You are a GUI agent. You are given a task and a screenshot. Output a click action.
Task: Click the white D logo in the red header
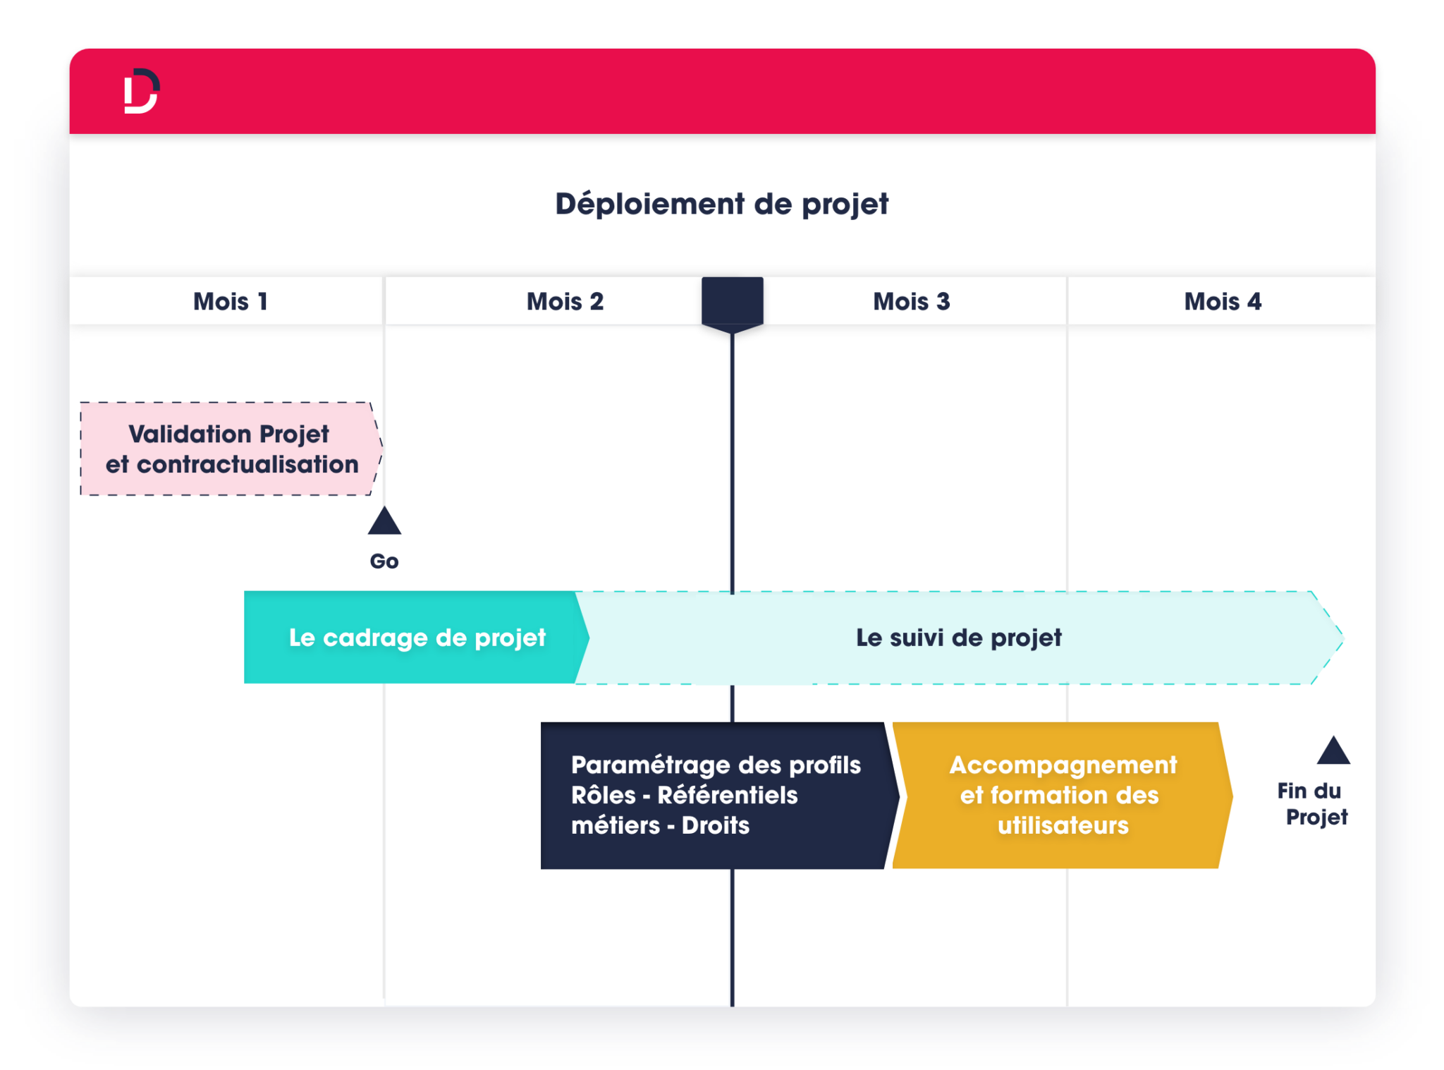pyautogui.click(x=141, y=91)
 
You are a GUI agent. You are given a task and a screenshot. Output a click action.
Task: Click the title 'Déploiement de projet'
pyautogui.click(x=721, y=205)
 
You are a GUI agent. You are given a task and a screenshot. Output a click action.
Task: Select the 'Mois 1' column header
pyautogui.click(x=231, y=302)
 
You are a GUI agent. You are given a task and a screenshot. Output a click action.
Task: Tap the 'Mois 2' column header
pyautogui.click(x=565, y=302)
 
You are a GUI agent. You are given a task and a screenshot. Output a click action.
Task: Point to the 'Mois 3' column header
pyautogui.click(x=911, y=302)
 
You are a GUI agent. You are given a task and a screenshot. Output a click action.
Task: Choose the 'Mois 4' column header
pyautogui.click(x=1223, y=302)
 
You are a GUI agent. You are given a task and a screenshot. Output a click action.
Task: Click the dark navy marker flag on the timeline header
pyautogui.click(x=732, y=302)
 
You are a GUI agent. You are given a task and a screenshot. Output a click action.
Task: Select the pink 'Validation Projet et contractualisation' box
pyautogui.click(x=230, y=449)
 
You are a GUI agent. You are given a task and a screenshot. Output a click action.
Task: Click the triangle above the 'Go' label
pyautogui.click(x=384, y=523)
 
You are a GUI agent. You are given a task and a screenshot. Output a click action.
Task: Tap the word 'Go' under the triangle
pyautogui.click(x=384, y=561)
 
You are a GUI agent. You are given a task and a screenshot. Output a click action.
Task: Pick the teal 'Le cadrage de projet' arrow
pyautogui.click(x=416, y=638)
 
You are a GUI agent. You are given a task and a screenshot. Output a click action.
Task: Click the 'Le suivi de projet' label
pyautogui.click(x=958, y=638)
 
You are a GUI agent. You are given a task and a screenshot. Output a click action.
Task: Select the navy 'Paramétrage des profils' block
pyautogui.click(x=715, y=795)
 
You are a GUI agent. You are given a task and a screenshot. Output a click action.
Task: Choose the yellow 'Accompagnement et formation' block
pyautogui.click(x=1062, y=795)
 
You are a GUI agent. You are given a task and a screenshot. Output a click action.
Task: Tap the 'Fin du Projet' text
pyautogui.click(x=1312, y=804)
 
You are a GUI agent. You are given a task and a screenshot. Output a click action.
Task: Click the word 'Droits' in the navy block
pyautogui.click(x=715, y=826)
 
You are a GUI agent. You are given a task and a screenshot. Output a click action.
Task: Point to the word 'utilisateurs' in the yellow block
pyautogui.click(x=1063, y=826)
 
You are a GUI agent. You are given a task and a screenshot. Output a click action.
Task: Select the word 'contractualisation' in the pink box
pyautogui.click(x=247, y=465)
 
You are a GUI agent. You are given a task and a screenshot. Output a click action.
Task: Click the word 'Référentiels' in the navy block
pyautogui.click(x=727, y=796)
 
